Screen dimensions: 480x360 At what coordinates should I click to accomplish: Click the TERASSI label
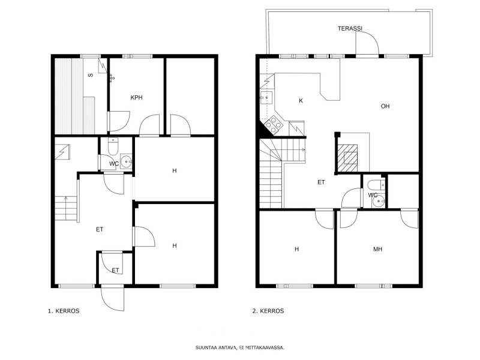click(x=350, y=28)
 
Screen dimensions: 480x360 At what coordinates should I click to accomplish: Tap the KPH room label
click(x=137, y=98)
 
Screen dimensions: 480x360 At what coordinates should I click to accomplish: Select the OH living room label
click(x=385, y=106)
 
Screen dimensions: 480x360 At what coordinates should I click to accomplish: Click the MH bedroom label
click(x=378, y=249)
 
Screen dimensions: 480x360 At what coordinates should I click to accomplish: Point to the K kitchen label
click(x=301, y=101)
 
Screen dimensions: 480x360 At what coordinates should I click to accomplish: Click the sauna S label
click(x=91, y=75)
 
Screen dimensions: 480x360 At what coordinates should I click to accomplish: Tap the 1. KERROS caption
click(x=64, y=311)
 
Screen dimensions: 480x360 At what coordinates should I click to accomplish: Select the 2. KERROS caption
click(x=268, y=311)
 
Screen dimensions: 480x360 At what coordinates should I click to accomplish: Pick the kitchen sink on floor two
click(x=266, y=98)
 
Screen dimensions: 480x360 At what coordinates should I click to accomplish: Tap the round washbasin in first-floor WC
click(x=126, y=161)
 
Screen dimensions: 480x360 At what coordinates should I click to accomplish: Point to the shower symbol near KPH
click(x=112, y=78)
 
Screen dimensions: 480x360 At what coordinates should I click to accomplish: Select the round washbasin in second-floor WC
click(x=379, y=201)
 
